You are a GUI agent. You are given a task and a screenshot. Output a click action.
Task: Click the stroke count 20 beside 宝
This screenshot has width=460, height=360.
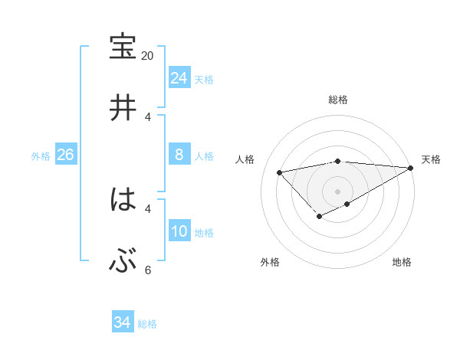[148, 56]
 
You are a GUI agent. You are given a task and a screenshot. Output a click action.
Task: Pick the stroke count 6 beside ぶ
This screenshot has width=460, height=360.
[148, 270]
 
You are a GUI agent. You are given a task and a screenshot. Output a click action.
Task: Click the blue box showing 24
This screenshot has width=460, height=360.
[179, 78]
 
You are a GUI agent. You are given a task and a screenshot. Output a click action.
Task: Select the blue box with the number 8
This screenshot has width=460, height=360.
[179, 155]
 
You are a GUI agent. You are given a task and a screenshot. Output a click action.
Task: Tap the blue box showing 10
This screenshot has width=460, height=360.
[179, 232]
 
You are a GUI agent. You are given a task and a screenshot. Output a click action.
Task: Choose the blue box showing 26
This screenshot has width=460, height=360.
[66, 155]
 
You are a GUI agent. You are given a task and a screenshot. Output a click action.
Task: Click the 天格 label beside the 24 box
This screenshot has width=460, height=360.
[204, 80]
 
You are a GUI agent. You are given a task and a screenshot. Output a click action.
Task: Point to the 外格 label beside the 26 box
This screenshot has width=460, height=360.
[41, 156]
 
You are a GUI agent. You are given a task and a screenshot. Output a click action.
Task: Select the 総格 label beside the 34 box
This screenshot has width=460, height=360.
[147, 324]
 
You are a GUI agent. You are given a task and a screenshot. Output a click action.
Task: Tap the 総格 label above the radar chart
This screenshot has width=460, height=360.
[338, 100]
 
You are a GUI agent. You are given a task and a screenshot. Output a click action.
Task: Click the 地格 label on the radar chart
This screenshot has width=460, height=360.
[402, 262]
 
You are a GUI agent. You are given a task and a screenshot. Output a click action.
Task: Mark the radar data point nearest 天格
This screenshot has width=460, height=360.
[412, 168]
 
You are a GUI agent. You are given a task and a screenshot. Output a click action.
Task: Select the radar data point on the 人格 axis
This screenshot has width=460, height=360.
[279, 172]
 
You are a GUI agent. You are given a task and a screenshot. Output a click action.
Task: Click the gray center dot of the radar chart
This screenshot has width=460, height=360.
[338, 191]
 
